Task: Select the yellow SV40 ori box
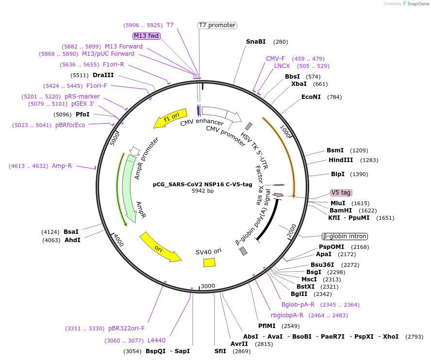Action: pyautogui.click(x=209, y=262)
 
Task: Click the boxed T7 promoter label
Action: pyautogui.click(x=217, y=25)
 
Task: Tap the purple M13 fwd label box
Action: pyautogui.click(x=147, y=36)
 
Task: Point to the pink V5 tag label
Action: pyautogui.click(x=341, y=193)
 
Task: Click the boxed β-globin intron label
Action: pyautogui.click(x=345, y=236)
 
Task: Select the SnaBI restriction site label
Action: pyautogui.click(x=256, y=42)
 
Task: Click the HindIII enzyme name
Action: pyautogui.click(x=341, y=160)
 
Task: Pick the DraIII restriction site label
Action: pyautogui.click(x=103, y=75)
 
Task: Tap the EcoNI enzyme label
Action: pyautogui.click(x=311, y=97)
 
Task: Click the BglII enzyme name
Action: pyautogui.click(x=298, y=294)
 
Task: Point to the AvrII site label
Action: pyautogui.click(x=239, y=344)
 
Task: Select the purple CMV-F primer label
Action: pyautogui.click(x=275, y=59)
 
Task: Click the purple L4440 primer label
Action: pyautogui.click(x=156, y=341)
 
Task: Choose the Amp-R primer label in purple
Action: pyautogui.click(x=62, y=166)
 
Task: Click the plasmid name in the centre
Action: pyautogui.click(x=202, y=184)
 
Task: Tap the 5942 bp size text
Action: pyautogui.click(x=202, y=191)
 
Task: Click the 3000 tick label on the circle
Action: pyautogui.click(x=208, y=286)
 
